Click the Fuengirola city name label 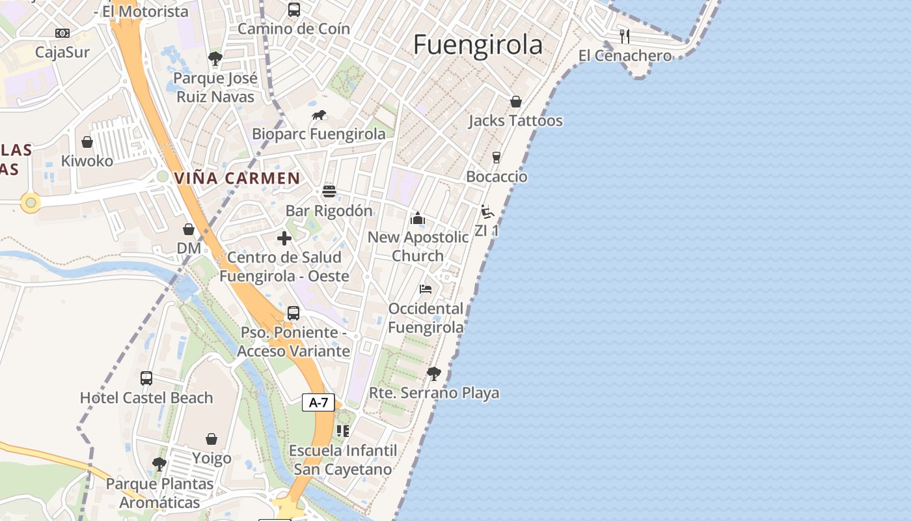tap(478, 44)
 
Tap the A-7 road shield tap(318, 402)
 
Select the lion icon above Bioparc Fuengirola tap(319, 115)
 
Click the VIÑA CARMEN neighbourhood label tap(237, 178)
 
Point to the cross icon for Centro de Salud tap(284, 238)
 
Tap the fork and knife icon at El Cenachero tap(625, 36)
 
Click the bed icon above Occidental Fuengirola tap(426, 289)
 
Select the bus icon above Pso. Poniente tap(293, 313)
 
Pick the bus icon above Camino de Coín tap(294, 10)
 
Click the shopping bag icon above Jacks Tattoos tap(516, 102)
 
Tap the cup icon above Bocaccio tap(496, 158)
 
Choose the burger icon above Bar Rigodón tap(329, 191)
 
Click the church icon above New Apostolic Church tap(418, 218)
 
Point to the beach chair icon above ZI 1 tap(487, 212)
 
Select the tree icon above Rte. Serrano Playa tap(434, 374)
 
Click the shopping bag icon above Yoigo tap(211, 439)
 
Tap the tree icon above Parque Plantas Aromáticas tap(159, 464)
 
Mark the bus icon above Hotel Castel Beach tap(146, 378)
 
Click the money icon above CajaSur tap(62, 33)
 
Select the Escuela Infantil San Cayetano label tap(343, 460)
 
